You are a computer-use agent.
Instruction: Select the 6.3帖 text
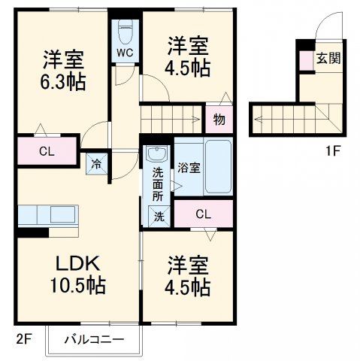coord(64,81)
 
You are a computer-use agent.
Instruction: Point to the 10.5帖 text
coord(77,287)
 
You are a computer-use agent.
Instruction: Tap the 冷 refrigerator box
coord(97,162)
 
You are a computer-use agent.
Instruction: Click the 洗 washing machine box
coord(159,216)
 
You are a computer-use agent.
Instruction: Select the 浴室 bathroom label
coord(189,167)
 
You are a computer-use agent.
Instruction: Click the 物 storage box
coord(219,119)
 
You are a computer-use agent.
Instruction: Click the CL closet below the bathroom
coord(204,214)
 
